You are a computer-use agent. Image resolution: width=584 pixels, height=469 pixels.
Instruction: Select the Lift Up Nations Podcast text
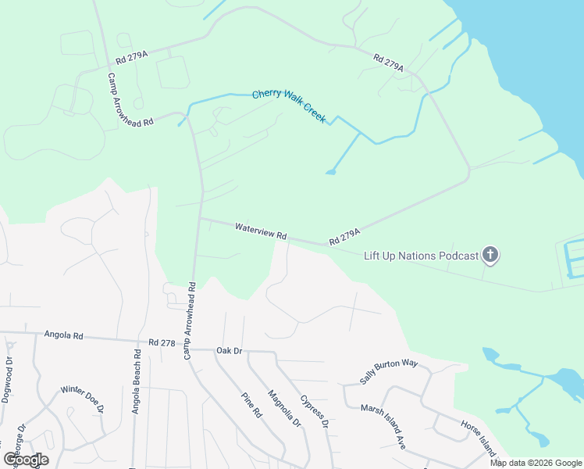click(421, 255)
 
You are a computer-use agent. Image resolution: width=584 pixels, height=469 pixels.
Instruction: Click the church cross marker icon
click(490, 254)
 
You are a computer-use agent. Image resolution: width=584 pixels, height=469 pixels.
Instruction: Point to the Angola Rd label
click(64, 335)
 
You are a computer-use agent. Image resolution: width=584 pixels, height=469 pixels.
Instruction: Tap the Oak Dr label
click(230, 350)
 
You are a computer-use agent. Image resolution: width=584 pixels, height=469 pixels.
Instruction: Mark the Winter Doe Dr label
click(82, 398)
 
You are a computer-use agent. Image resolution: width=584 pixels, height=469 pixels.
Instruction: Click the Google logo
click(26, 459)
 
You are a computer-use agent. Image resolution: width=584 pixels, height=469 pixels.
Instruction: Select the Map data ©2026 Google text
click(535, 463)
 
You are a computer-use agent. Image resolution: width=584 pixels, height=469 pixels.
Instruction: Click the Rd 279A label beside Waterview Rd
click(344, 236)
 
